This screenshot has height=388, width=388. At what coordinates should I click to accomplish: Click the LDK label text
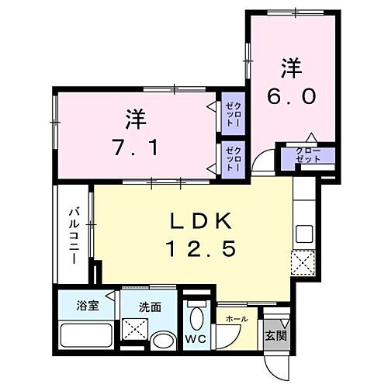pos(199,221)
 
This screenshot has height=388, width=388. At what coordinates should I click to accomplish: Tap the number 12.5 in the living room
pos(199,249)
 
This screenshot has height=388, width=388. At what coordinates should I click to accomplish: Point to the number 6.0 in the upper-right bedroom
pos(291,96)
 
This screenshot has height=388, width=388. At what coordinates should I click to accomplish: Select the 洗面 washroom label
pos(151,307)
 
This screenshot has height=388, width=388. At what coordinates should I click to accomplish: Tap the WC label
pos(196,339)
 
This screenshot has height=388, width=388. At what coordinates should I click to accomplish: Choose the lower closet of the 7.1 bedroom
pos(233,155)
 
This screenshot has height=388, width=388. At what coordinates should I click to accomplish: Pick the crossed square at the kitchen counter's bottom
pos(301,261)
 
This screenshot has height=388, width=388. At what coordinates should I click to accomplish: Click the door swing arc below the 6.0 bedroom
pos(264,165)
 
